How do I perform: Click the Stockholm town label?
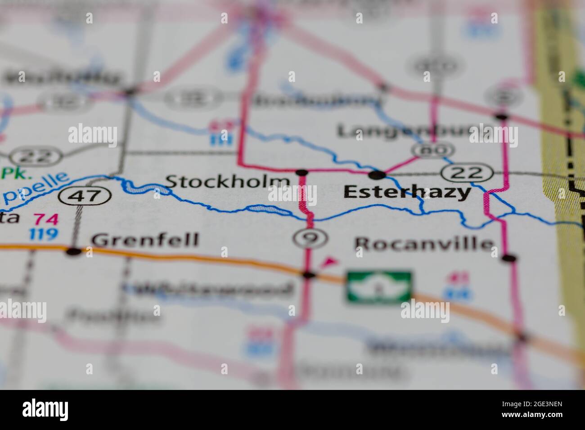tap(227, 182)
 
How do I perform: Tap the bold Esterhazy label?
tap(407, 193)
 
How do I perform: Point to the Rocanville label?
tap(424, 244)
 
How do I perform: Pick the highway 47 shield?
tap(85, 196)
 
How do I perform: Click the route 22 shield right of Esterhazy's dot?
tap(468, 172)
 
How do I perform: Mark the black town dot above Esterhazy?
tap(377, 174)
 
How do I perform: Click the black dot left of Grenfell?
tap(74, 251)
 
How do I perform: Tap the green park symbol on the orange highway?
tap(379, 286)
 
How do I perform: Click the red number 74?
tap(46, 219)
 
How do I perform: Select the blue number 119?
tap(44, 234)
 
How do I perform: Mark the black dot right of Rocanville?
tap(509, 258)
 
